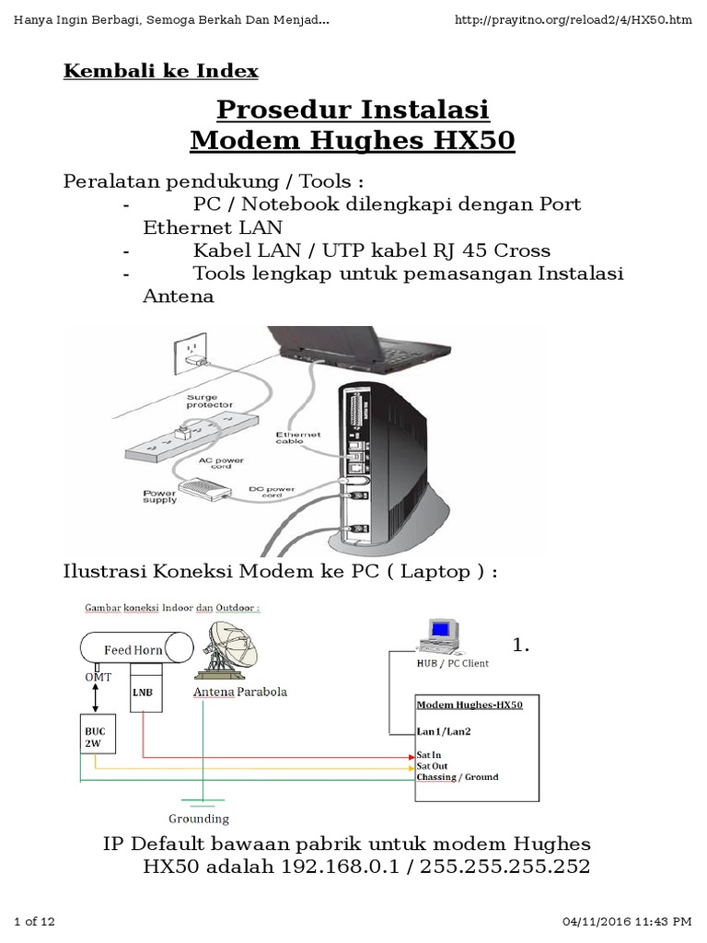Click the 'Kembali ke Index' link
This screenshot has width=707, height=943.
(x=161, y=71)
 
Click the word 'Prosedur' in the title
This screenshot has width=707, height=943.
(x=280, y=111)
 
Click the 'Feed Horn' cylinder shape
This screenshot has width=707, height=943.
(x=133, y=649)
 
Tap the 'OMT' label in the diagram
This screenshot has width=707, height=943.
(x=97, y=677)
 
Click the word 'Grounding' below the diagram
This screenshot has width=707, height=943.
(x=199, y=818)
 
